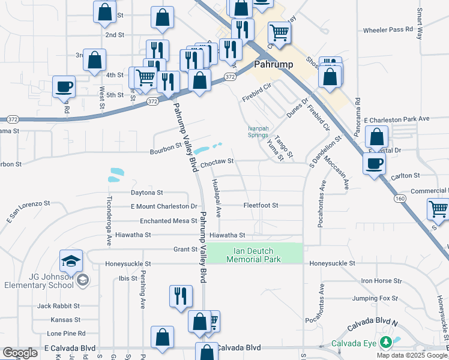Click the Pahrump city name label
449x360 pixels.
tap(273, 63)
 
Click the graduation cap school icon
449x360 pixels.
tap(71, 261)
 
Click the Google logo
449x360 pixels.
tap(20, 353)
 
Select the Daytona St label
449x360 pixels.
tap(147, 193)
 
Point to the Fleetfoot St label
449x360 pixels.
tap(261, 205)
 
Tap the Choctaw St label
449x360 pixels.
tap(217, 161)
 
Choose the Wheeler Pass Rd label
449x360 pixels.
tap(388, 29)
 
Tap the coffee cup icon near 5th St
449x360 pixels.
tap(64, 86)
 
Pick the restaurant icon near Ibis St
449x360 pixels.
tap(181, 295)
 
